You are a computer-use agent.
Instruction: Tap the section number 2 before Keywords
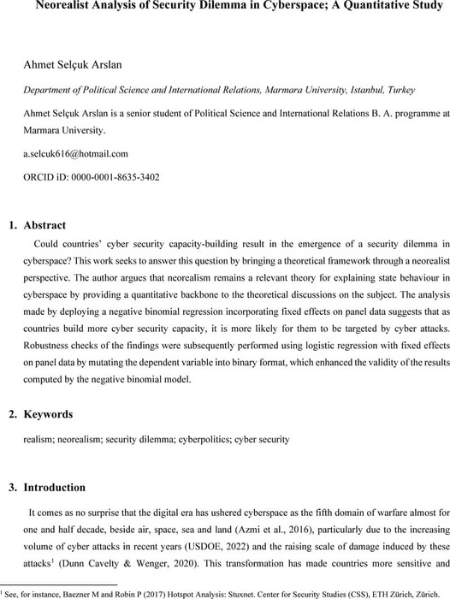pyautogui.click(x=11, y=414)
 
